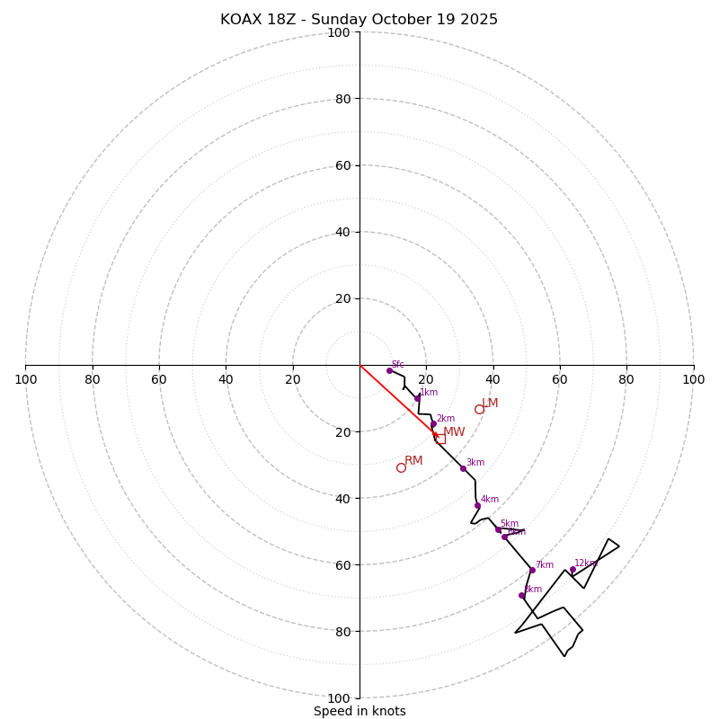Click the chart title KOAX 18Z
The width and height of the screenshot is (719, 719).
pos(359,20)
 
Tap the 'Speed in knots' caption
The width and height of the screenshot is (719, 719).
pos(359,711)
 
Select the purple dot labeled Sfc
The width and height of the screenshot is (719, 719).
pos(389,370)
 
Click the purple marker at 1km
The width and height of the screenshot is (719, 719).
pos(417,397)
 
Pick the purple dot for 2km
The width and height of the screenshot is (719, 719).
pos(433,424)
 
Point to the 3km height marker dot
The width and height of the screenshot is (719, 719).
pos(463,468)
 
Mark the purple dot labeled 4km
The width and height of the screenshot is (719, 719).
pos(477,505)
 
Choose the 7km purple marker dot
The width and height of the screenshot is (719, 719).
pos(532,570)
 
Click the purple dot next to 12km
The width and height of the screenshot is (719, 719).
pos(573,569)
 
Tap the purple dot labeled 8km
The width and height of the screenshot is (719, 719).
pos(521,595)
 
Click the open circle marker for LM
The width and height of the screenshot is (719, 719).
pos(479,409)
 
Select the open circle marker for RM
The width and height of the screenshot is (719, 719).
pos(401,467)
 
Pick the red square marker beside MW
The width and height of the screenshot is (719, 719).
pos(439,439)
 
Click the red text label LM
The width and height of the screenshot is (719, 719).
pos(490,404)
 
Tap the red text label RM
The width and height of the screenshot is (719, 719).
pos(413,461)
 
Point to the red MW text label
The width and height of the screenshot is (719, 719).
pos(454,432)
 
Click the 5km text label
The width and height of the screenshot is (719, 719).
pos(509,523)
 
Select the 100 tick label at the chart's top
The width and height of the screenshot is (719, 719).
pos(339,33)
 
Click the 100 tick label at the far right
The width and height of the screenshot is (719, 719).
pos(694,379)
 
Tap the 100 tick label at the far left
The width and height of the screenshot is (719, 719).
pos(25,379)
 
